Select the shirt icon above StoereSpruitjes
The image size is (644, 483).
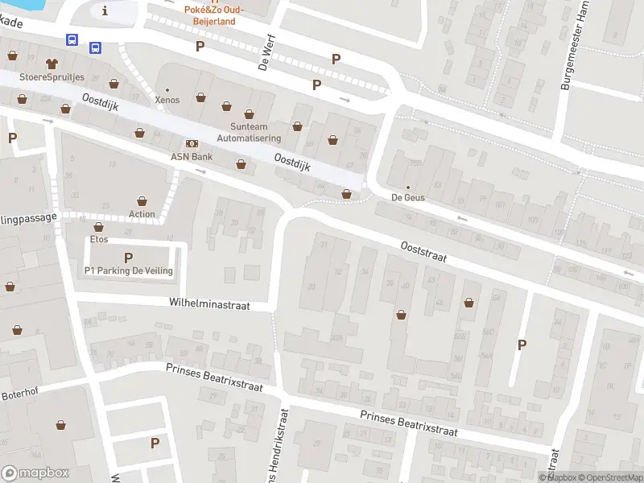[x=52, y=62]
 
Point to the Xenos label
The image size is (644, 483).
[x=167, y=100]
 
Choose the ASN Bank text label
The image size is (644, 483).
[x=191, y=156]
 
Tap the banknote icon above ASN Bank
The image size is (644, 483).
[x=191, y=142]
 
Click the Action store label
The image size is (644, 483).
[x=142, y=214]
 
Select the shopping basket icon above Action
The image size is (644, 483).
[x=142, y=200]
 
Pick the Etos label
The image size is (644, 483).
[x=99, y=240]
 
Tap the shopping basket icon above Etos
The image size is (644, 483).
[x=99, y=227]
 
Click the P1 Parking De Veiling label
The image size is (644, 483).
[x=129, y=270]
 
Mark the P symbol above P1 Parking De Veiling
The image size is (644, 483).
[x=128, y=258]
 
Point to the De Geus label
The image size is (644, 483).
[x=407, y=197]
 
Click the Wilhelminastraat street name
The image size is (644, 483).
[x=209, y=305]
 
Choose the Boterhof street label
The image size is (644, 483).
[x=20, y=394]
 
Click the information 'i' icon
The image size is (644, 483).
[x=105, y=10]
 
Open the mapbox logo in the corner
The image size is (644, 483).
[x=35, y=473]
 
